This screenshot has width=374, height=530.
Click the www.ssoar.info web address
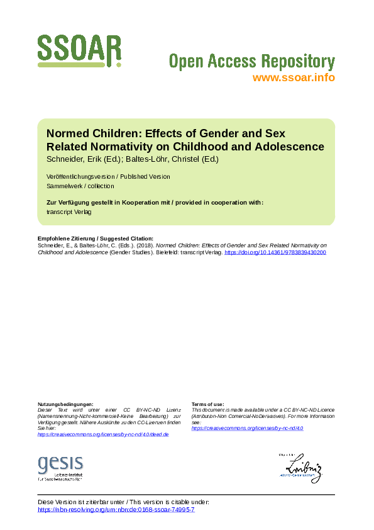click(x=294, y=77)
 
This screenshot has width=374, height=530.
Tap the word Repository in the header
click(x=297, y=62)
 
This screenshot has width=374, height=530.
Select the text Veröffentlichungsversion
click(x=80, y=176)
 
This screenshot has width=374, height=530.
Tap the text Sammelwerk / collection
click(x=80, y=186)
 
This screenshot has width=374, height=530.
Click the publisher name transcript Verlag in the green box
click(x=69, y=212)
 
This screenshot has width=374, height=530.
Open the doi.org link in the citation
click(x=275, y=252)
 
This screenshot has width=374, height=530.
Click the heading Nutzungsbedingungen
click(x=65, y=403)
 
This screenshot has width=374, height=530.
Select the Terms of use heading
click(x=207, y=403)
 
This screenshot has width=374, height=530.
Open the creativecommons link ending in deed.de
click(x=103, y=434)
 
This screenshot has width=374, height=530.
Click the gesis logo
click(x=60, y=466)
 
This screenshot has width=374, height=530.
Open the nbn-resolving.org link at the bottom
click(x=116, y=509)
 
